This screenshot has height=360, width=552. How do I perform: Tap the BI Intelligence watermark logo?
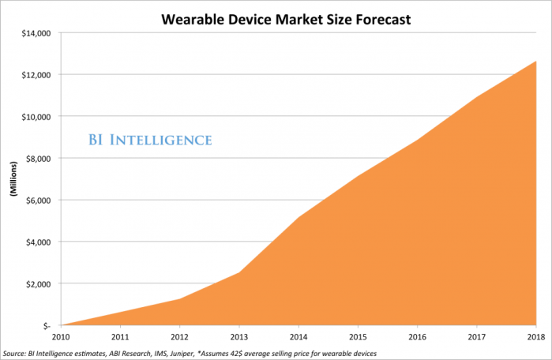(x=148, y=141)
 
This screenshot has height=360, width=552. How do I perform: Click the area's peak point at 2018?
(x=536, y=62)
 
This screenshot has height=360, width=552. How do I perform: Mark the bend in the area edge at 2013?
(x=239, y=272)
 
